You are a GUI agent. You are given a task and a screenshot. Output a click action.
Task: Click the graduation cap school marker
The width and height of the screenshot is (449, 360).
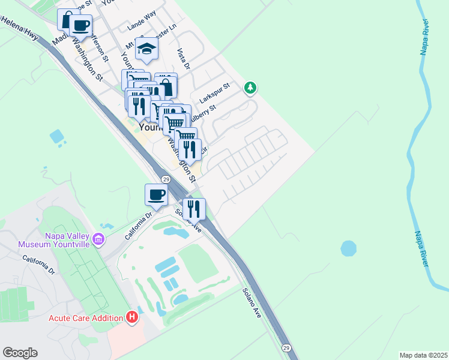tap(146, 49)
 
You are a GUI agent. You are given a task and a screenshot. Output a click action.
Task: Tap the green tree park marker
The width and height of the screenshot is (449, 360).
tap(250, 88)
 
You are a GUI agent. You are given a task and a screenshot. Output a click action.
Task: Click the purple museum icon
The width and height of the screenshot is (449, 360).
tap(99, 240)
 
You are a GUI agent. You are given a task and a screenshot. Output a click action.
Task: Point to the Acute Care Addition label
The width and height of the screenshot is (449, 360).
tap(86, 317)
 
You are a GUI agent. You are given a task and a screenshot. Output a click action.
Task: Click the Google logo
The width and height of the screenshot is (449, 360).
tap(20, 353)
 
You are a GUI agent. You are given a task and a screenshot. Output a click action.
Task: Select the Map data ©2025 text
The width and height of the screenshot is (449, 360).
tap(423, 355)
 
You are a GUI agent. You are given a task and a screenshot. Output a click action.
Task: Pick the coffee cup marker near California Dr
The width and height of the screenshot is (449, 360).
tap(156, 194)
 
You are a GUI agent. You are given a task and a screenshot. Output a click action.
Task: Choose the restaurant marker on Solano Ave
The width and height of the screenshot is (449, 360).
tap(194, 208)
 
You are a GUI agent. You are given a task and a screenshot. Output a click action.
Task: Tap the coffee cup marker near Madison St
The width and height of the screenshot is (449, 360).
tap(80, 25)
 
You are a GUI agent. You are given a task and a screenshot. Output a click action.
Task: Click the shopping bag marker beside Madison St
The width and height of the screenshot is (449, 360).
tap(68, 19)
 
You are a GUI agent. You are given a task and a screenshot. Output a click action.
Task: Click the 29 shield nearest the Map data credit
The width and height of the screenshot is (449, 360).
tap(286, 347)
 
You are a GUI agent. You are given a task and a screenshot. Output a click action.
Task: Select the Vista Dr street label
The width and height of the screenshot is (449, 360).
tap(183, 58)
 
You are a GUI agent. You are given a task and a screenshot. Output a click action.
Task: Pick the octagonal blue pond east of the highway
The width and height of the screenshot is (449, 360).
tap(348, 247)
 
